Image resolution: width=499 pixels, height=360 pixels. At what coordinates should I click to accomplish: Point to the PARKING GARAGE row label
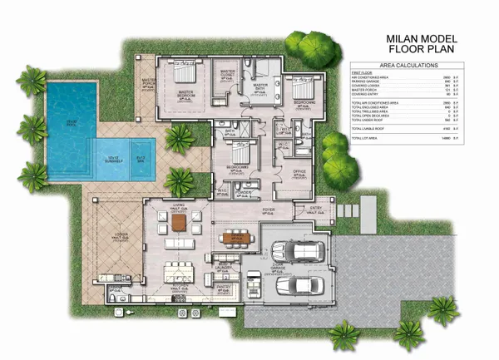coord(365,81)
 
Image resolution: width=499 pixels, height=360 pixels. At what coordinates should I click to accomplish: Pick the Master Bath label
coord(260,86)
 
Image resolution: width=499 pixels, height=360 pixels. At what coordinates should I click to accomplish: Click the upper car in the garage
coord(296,251)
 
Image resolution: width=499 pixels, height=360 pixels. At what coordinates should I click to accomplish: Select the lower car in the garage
coord(297,285)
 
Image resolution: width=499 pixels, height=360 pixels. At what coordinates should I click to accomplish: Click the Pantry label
coord(223,286)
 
